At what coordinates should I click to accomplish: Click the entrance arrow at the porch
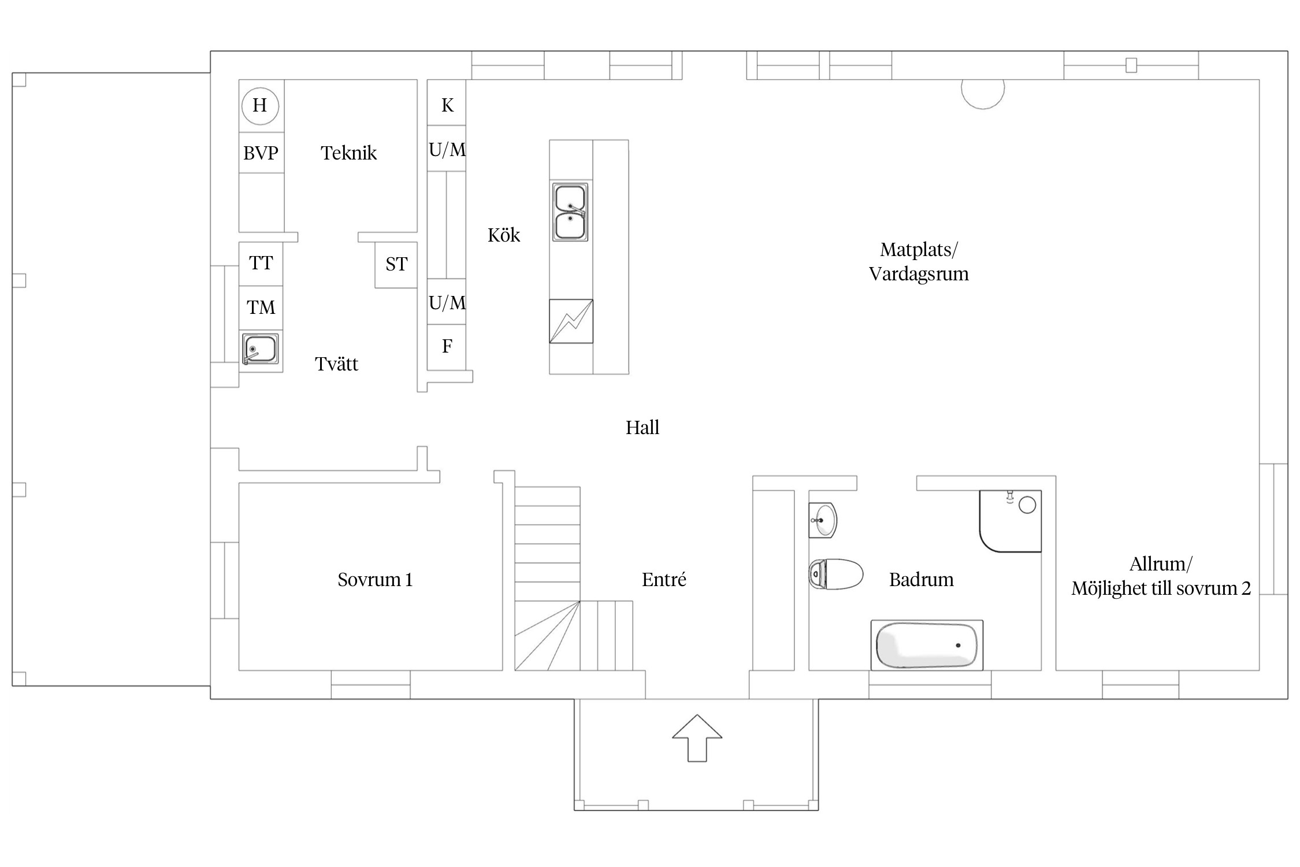click(x=697, y=738)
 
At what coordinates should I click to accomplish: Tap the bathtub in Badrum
click(x=927, y=645)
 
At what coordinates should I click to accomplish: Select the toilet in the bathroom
click(x=835, y=574)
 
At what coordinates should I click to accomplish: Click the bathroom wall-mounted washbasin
click(x=823, y=520)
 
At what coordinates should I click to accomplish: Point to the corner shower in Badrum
click(x=1010, y=521)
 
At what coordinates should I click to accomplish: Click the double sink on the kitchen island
click(x=570, y=212)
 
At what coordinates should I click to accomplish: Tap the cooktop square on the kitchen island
click(x=571, y=321)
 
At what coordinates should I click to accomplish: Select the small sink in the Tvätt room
click(x=260, y=349)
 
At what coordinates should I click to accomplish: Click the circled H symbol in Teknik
click(x=260, y=106)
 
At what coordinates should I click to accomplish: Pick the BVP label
click(x=261, y=153)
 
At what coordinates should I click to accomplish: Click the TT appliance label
click(x=261, y=263)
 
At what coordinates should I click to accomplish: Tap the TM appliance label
click(x=261, y=307)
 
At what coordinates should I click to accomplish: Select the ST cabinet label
click(x=396, y=264)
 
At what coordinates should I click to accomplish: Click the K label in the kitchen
click(x=447, y=105)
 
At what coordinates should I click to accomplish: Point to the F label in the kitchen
click(x=447, y=346)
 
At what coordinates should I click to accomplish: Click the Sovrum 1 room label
click(x=375, y=580)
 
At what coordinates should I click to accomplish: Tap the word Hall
click(x=642, y=428)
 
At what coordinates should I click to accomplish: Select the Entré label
click(x=664, y=579)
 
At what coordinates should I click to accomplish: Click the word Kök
click(x=504, y=235)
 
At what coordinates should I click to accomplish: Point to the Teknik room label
click(x=348, y=153)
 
